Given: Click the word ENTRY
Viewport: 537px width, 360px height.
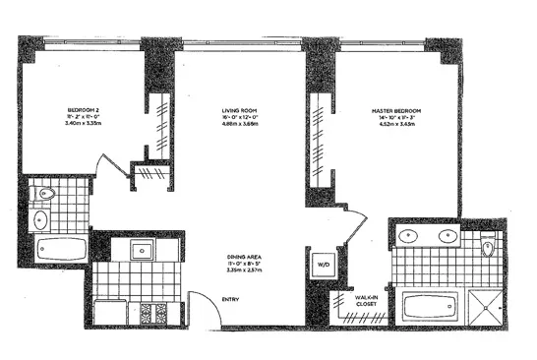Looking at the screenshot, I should (232, 299).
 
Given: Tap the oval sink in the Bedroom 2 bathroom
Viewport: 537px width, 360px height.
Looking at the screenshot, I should (41, 219).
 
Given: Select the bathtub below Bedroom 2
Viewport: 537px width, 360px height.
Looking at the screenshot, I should (57, 249).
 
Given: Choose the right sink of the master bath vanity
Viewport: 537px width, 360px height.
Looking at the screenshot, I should (449, 237).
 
